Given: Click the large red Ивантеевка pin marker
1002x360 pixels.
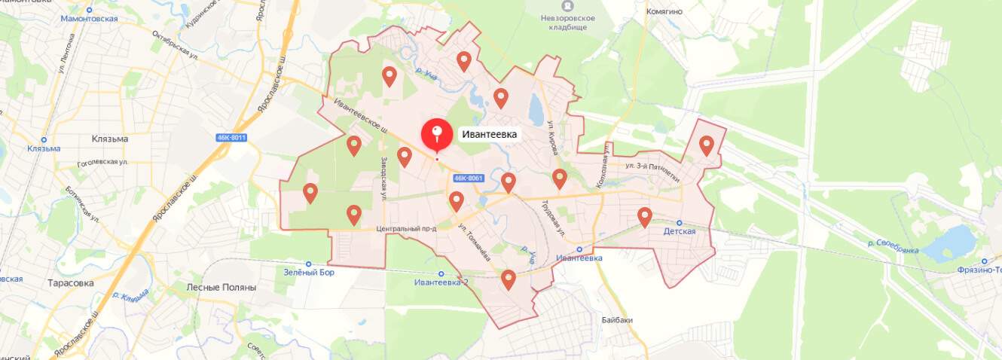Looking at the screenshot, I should [x=436, y=136].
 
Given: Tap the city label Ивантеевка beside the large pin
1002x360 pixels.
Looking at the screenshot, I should [x=490, y=135].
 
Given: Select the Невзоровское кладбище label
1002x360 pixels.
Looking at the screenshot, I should [x=570, y=22].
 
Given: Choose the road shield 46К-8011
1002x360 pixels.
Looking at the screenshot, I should [x=231, y=137].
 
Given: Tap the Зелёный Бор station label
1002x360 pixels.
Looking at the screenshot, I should [x=309, y=273].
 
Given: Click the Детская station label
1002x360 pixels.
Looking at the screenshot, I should [x=679, y=231].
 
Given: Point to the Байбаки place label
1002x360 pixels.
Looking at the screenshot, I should [x=617, y=319].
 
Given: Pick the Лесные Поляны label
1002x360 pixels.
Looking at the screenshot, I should [x=221, y=287].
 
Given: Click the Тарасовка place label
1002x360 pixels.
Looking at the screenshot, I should [x=70, y=283].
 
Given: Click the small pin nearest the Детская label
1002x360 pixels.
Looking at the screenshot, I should [x=645, y=217].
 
